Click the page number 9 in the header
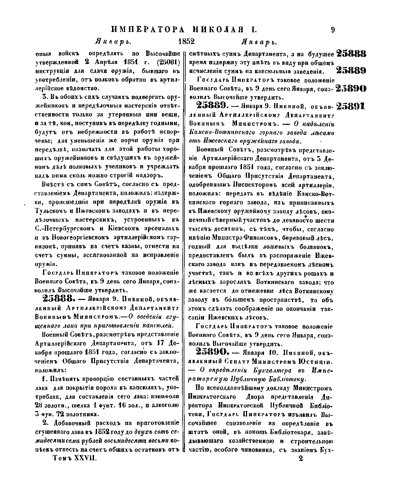click(x=333, y=30)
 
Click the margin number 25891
click(x=351, y=107)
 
